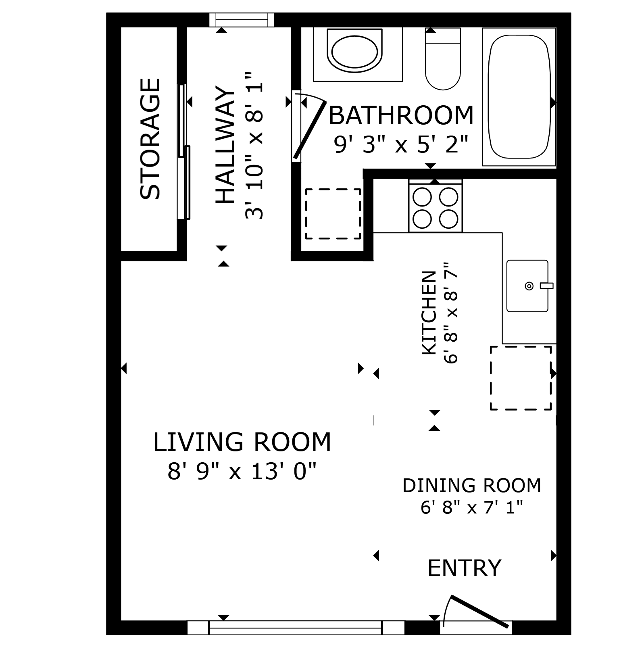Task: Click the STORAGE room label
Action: point(150,139)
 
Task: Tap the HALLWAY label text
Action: point(225,145)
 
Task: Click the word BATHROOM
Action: point(401,115)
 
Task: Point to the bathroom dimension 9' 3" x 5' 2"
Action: point(401,144)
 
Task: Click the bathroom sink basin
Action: point(355,51)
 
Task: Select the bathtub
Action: point(519,97)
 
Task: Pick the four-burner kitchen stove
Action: point(436,206)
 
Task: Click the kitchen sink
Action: point(527,286)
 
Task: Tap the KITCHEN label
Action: point(429,313)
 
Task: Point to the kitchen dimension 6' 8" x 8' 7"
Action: point(451,313)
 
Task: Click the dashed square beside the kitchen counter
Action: point(521,378)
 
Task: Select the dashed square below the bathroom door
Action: point(333,214)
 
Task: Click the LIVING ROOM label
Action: point(242,442)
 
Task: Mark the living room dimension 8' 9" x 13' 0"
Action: point(242,471)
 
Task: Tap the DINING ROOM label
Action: point(472,485)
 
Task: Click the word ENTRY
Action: point(464,568)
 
